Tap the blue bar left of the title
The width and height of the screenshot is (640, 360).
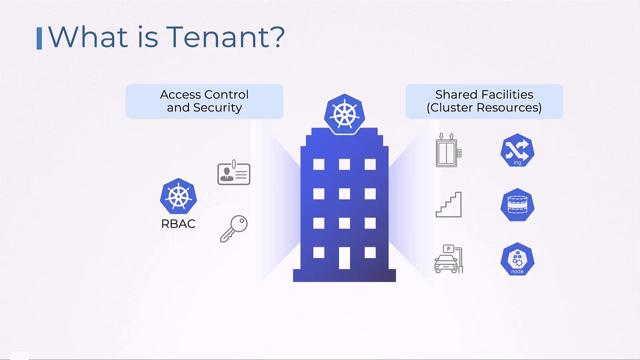[x=39, y=38]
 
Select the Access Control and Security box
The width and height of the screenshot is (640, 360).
[x=204, y=101]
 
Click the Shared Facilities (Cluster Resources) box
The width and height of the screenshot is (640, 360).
[x=484, y=101]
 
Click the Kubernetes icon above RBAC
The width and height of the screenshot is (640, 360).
[x=178, y=196]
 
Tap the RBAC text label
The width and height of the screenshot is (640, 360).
[x=178, y=224]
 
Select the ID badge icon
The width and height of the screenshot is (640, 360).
[x=234, y=173]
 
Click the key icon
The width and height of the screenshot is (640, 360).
[x=234, y=229]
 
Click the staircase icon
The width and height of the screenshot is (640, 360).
[x=449, y=205]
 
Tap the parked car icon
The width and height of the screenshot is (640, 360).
[x=446, y=264]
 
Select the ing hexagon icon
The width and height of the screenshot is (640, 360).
[x=517, y=150]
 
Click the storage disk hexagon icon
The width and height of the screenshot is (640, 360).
[x=517, y=205]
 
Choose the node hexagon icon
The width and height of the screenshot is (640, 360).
[x=517, y=259]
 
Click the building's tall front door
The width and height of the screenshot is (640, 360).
[x=344, y=258]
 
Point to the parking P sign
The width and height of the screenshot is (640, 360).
[x=449, y=249]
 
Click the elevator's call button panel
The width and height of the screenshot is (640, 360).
[x=459, y=153]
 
